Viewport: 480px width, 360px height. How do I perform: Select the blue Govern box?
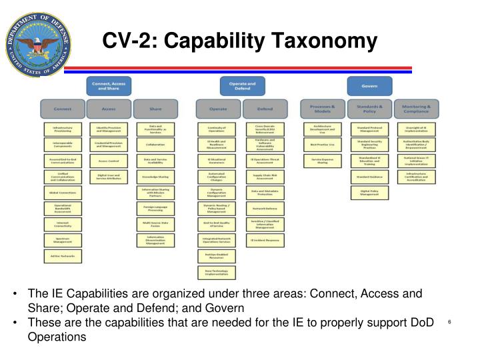pos(369,86)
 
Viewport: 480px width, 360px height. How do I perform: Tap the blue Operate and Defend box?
pos(237,86)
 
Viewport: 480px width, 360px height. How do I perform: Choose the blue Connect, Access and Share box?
pos(108,86)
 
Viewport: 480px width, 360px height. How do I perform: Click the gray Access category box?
pos(108,107)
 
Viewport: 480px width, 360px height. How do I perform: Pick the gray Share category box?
pos(155,107)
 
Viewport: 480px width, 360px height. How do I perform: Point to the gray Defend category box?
pos(264,107)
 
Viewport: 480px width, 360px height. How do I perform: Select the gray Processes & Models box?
pos(322,107)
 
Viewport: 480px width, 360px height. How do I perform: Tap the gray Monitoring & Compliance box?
pos(416,107)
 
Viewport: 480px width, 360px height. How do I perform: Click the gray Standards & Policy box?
pos(369,107)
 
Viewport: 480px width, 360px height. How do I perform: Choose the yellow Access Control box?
pos(108,161)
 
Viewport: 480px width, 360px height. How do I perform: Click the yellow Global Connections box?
pos(63,192)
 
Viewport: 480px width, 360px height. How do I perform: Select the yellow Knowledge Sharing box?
pos(155,177)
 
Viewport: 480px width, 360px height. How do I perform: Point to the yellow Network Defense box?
pos(264,208)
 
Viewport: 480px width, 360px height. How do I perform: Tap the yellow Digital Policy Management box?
pos(369,192)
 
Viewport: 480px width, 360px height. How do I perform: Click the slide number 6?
pos(450,323)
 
